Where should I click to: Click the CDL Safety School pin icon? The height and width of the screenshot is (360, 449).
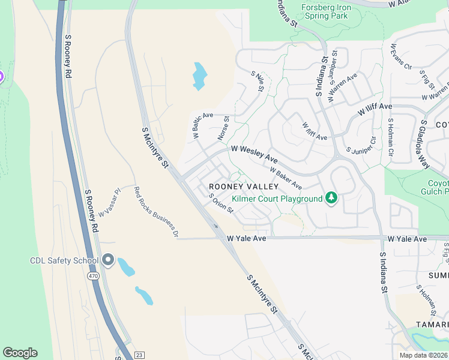tap(108, 260)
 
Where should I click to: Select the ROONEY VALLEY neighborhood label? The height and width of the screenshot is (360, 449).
tap(235, 187)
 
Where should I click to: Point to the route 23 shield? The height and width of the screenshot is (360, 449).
tap(139, 355)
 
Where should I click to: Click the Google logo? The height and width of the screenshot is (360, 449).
tap(20, 353)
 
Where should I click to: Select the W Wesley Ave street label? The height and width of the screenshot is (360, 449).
tap(255, 154)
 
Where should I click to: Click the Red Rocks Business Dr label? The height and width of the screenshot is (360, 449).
tap(156, 212)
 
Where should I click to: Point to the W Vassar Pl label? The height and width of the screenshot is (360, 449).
tap(110, 203)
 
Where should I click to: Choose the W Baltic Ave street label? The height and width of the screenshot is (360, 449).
tap(203, 126)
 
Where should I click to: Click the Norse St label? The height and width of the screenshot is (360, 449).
tap(223, 130)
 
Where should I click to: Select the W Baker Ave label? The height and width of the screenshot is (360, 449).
tap(286, 178)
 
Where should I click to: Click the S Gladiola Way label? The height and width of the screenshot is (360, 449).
tap(425, 144)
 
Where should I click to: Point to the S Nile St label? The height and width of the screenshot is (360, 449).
tap(258, 81)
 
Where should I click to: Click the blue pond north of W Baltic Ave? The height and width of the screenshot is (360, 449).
tap(199, 76)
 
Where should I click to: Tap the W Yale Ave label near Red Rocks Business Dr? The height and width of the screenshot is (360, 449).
tap(246, 239)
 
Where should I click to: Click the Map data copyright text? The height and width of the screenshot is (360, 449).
tap(424, 355)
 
